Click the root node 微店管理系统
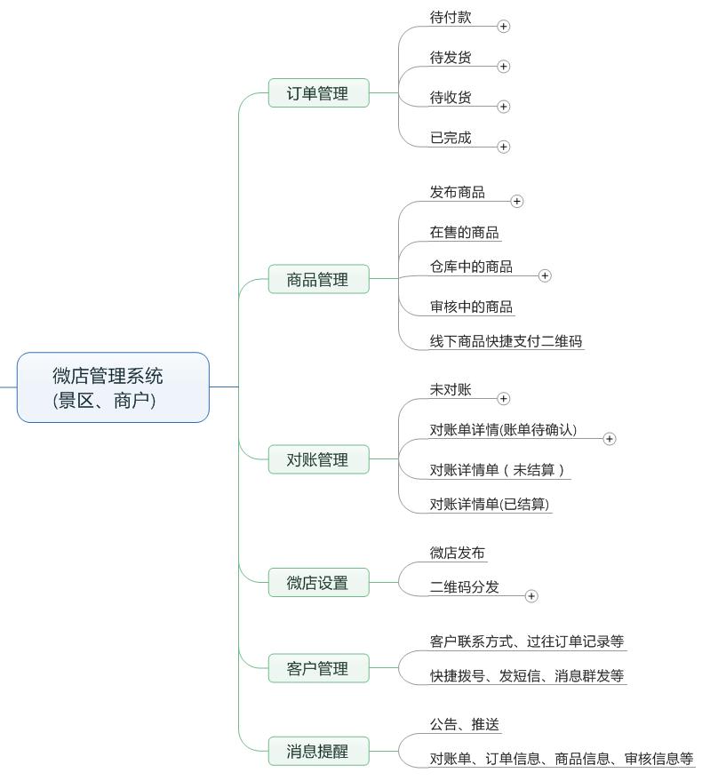[113, 387]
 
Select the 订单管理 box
[318, 92]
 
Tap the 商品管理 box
[318, 279]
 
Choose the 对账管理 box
[318, 459]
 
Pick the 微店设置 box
[318, 583]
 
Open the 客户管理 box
[318, 668]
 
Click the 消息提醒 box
[318, 751]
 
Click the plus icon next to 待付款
[504, 27]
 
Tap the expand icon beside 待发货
[504, 66]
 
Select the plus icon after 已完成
[504, 147]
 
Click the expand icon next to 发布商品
[517, 202]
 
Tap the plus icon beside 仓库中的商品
[545, 275]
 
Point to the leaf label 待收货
[451, 98]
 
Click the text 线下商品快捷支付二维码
[506, 340]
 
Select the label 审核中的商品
[471, 307]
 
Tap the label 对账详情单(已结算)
[491, 504]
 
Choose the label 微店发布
[458, 553]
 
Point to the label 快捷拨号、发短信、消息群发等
[527, 675]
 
